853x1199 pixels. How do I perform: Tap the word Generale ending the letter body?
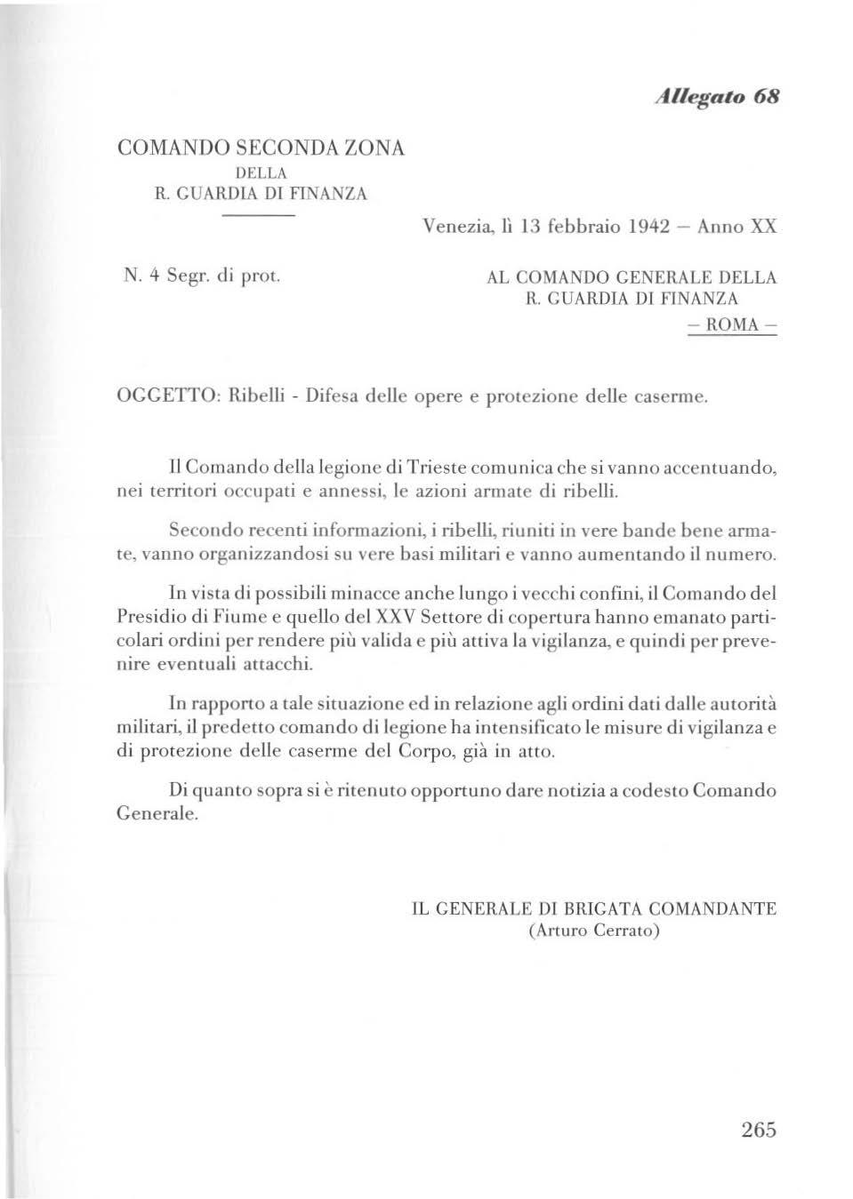(x=156, y=813)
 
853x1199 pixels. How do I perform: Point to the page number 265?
(x=758, y=1130)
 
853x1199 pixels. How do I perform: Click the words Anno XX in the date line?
(x=736, y=226)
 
